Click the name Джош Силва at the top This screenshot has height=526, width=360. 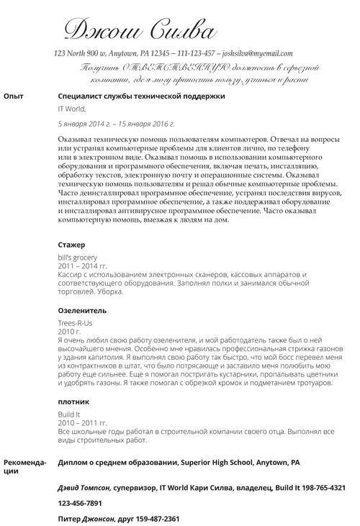pyautogui.click(x=140, y=30)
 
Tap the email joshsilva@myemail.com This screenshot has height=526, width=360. pyautogui.click(x=258, y=54)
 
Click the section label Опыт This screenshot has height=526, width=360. pyautogui.click(x=14, y=96)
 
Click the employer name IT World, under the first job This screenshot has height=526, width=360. pyautogui.click(x=71, y=109)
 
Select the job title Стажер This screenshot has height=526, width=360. pyautogui.click(x=71, y=245)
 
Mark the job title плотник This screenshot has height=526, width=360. pyautogui.click(x=73, y=402)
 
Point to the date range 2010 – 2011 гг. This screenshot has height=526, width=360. pyautogui.click(x=80, y=422)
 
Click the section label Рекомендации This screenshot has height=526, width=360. pyautogui.click(x=24, y=466)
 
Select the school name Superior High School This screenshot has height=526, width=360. pyautogui.click(x=216, y=462)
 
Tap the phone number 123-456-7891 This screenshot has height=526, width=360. pyautogui.click(x=80, y=503)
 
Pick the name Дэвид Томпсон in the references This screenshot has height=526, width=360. pyautogui.click(x=84, y=487)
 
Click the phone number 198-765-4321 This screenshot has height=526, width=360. pyautogui.click(x=317, y=487)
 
